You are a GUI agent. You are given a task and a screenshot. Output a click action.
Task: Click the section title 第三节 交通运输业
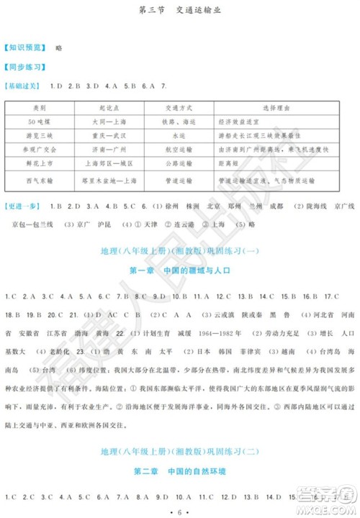[x=181, y=10]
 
